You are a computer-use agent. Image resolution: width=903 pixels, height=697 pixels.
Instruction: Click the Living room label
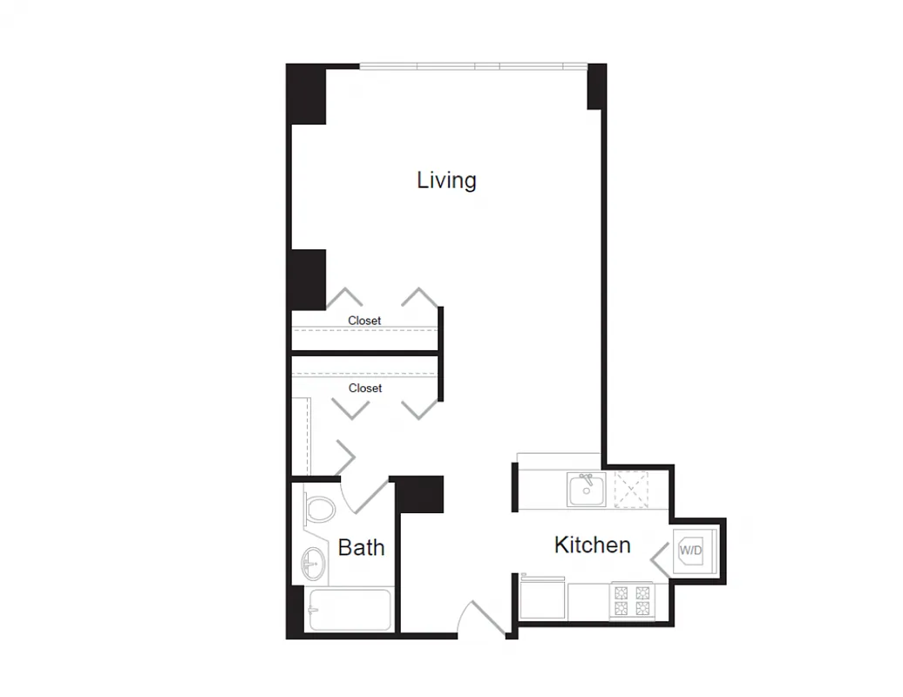[446, 180]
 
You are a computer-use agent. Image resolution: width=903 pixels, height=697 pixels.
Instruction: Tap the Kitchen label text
[592, 545]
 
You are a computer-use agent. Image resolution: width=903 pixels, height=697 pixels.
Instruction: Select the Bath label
[361, 548]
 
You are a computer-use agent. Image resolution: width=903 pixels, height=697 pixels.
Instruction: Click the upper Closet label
[364, 321]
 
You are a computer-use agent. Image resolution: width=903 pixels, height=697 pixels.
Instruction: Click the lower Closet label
[365, 388]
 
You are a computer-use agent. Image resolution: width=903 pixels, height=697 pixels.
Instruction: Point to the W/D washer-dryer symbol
[690, 551]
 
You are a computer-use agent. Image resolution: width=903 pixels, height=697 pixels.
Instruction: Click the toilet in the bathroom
[320, 509]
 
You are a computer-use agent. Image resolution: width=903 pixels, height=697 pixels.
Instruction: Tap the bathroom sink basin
[312, 564]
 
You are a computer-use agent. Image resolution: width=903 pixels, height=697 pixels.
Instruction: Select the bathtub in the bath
[349, 610]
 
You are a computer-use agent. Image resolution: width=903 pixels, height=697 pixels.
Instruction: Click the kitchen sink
[587, 490]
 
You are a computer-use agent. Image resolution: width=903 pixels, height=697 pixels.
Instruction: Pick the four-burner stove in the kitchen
[632, 600]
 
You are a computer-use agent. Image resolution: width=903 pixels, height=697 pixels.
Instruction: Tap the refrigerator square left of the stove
[541, 599]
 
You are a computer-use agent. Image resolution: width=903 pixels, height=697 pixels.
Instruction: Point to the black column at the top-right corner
[596, 87]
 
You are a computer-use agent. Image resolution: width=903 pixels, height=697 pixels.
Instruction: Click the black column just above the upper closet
[308, 279]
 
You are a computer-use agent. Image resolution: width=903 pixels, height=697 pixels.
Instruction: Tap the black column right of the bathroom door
[420, 494]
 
